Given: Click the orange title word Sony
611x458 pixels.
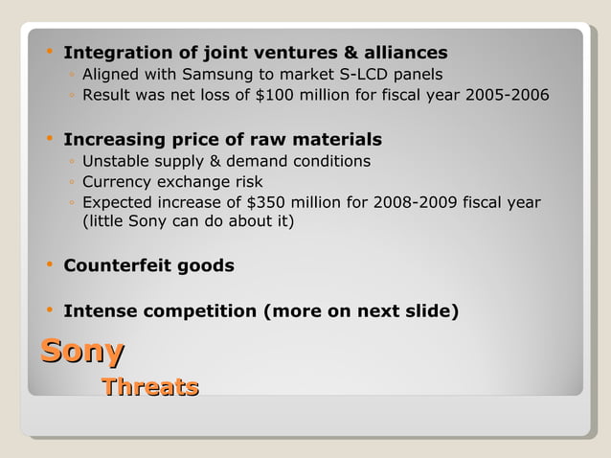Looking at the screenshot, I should [82, 351].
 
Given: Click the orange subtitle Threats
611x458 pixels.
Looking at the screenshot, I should [150, 387].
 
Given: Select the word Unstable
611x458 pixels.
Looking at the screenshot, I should [116, 161].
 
